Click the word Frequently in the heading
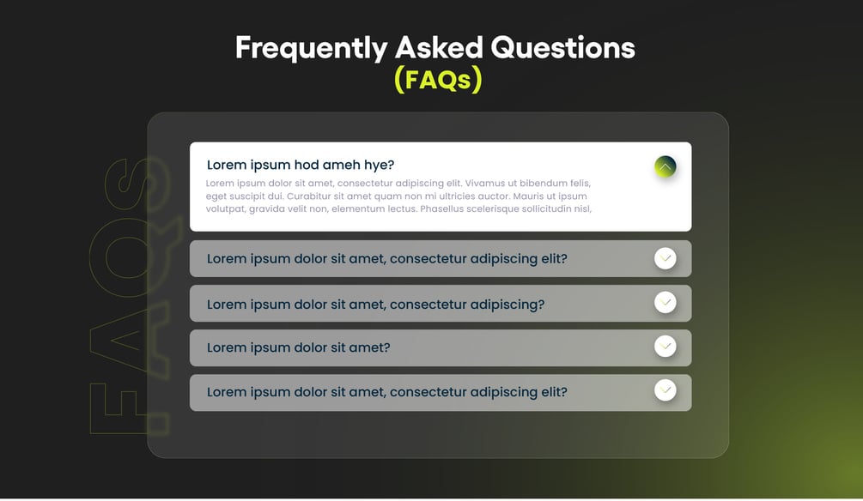[x=312, y=48]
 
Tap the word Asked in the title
[x=439, y=47]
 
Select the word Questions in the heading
[x=562, y=47]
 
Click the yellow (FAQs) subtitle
[x=438, y=79]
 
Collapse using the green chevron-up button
[x=665, y=166]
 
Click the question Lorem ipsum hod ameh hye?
[x=301, y=165]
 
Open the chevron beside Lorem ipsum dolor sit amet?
[x=665, y=347]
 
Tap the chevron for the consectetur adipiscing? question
[x=665, y=303]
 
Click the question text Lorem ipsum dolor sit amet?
[x=298, y=347]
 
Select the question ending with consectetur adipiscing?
[x=375, y=305]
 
